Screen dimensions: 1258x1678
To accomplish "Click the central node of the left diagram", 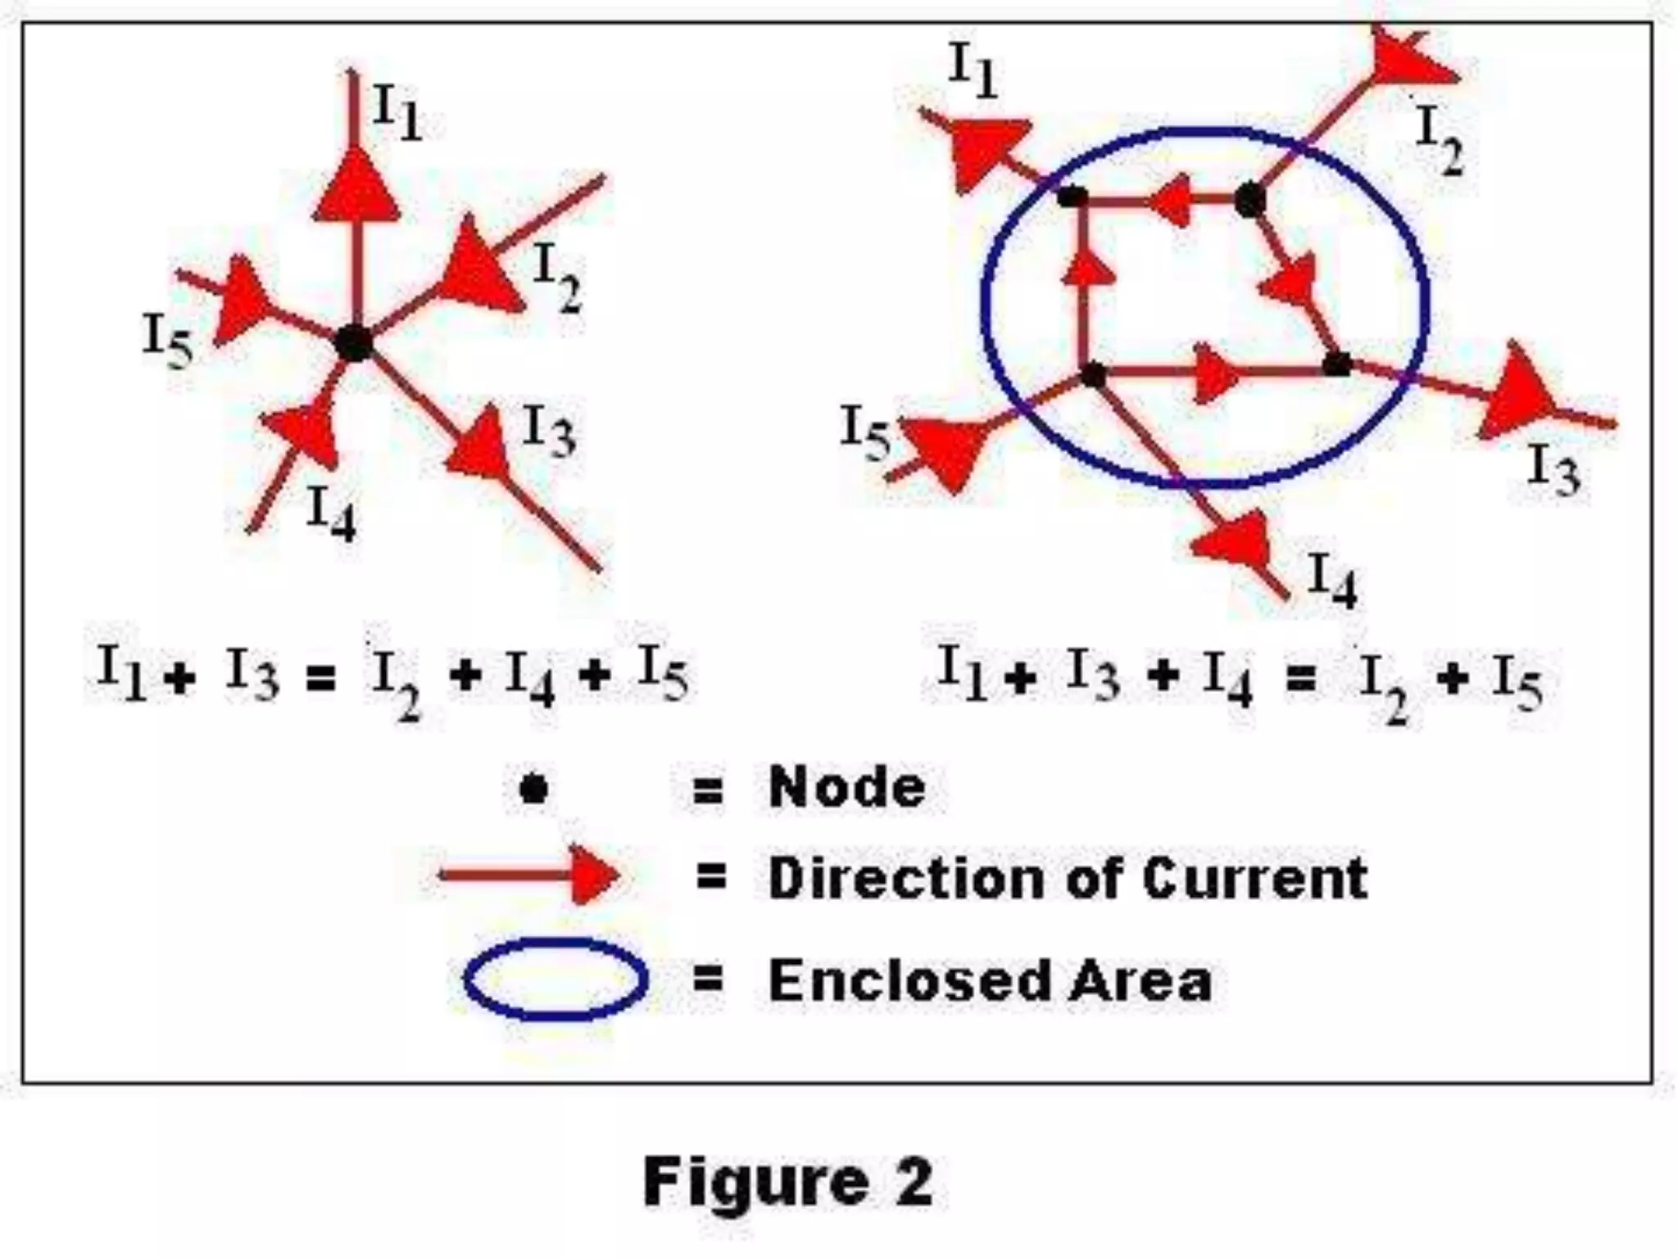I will [355, 342].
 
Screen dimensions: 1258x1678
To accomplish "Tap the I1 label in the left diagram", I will [397, 112].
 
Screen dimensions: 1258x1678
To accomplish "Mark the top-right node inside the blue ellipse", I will [1249, 200].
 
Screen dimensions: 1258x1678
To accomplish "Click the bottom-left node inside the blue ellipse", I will [1093, 375].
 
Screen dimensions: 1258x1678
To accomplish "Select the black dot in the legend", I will [533, 789].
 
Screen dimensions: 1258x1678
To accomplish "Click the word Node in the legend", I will [847, 788].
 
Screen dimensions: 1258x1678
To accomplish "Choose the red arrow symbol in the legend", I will [528, 875].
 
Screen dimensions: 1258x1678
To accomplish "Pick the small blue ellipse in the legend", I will [556, 979].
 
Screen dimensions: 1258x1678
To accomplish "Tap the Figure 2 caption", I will [787, 1182].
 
